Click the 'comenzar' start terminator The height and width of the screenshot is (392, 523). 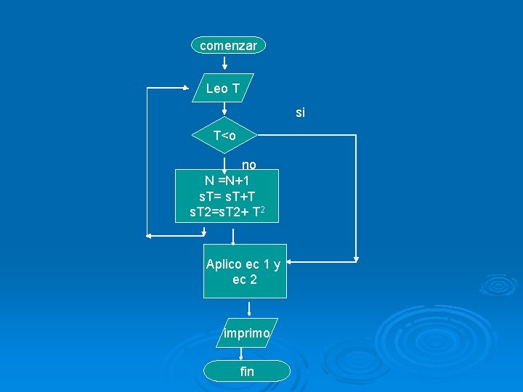coord(228,46)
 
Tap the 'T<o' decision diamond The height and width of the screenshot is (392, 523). coord(224,136)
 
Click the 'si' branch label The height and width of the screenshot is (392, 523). coord(301,113)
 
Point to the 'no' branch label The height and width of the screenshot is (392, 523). coord(248,164)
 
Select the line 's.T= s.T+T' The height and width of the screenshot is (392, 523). coord(227,196)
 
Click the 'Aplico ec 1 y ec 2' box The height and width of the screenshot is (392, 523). coord(244,271)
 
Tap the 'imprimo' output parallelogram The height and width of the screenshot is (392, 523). coord(247,333)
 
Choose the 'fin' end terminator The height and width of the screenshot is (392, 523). coord(247,372)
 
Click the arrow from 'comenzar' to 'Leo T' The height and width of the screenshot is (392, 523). coord(224,62)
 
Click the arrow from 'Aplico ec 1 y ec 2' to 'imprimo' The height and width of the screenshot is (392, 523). coord(248,309)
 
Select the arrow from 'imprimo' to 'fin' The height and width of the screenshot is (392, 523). coord(240,354)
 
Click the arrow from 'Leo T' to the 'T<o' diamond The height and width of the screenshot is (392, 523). coord(224,109)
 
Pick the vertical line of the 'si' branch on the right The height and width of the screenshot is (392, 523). coord(356,196)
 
